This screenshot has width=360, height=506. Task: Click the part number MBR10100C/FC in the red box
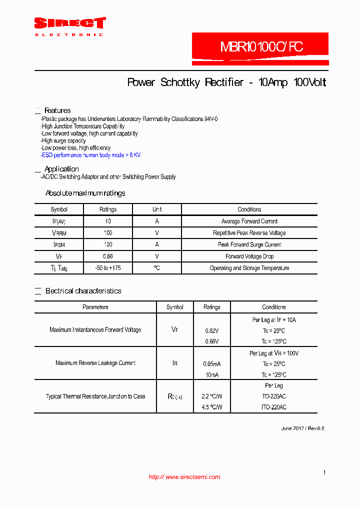[261, 47]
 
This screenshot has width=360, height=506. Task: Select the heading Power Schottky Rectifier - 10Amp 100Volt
[226, 82]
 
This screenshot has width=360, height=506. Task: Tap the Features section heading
[57, 110]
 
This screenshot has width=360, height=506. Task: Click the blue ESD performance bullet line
[90, 155]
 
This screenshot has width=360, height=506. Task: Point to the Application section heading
[61, 169]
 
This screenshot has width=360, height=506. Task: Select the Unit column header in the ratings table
[157, 209]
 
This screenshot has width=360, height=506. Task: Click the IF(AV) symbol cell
[59, 221]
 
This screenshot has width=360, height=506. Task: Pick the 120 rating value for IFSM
[108, 244]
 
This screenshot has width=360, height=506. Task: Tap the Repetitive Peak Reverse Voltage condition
[249, 233]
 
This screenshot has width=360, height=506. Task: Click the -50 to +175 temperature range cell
[108, 268]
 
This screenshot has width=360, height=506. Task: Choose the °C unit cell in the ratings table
[157, 268]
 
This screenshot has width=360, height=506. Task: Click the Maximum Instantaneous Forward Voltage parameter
[95, 330]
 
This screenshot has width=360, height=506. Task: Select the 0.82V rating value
[212, 331]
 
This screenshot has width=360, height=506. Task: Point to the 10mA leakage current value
[212, 375]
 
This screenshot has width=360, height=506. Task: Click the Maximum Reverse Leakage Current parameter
[95, 363]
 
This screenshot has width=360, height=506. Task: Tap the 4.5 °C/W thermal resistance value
[212, 407]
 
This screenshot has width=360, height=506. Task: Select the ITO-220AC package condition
[274, 407]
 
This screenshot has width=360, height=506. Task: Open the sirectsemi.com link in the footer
[184, 477]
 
